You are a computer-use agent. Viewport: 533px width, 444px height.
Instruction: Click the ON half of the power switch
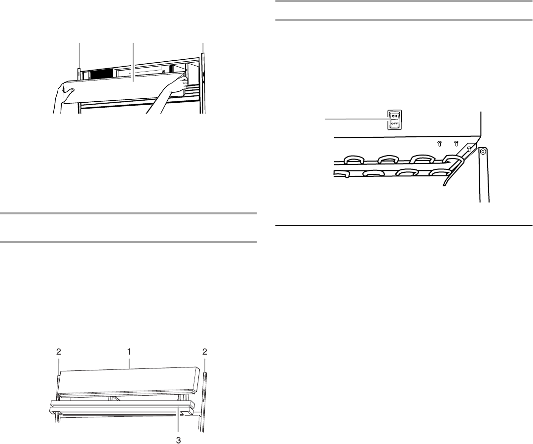pos(394,116)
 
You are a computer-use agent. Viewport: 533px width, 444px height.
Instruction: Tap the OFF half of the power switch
pos(394,124)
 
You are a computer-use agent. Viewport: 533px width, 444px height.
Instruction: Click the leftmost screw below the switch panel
pos(439,144)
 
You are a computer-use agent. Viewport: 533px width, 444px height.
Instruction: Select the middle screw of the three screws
pos(456,144)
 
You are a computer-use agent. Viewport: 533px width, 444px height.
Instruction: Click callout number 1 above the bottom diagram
pos(129,352)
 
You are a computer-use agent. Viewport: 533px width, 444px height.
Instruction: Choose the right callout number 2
pos(205,352)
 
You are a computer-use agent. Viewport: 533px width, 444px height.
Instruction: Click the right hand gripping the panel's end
pos(177,83)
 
